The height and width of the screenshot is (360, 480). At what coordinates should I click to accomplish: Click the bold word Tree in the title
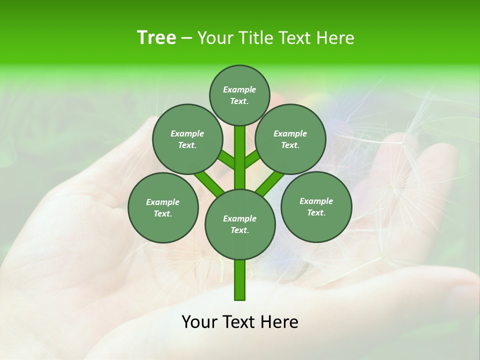click(156, 38)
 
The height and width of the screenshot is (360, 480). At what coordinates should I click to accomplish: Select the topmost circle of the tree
click(239, 95)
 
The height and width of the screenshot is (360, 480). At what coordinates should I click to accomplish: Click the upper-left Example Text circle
click(187, 139)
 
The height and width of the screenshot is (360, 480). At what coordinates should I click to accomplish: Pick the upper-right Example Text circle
click(290, 139)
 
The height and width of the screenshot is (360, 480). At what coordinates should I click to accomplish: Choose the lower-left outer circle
click(163, 207)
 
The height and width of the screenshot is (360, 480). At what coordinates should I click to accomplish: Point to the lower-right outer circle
click(316, 206)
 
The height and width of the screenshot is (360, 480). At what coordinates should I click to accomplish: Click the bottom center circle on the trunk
click(240, 224)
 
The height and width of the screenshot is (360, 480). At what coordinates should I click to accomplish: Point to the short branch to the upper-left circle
click(226, 159)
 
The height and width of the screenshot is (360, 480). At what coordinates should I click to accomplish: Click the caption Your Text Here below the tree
click(239, 322)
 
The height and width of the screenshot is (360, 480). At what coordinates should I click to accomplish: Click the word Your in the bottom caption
click(199, 322)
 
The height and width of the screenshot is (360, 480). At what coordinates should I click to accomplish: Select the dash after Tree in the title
click(186, 38)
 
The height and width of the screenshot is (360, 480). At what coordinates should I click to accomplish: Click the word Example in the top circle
click(239, 89)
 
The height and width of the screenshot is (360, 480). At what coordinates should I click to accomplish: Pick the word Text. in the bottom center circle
click(240, 230)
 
